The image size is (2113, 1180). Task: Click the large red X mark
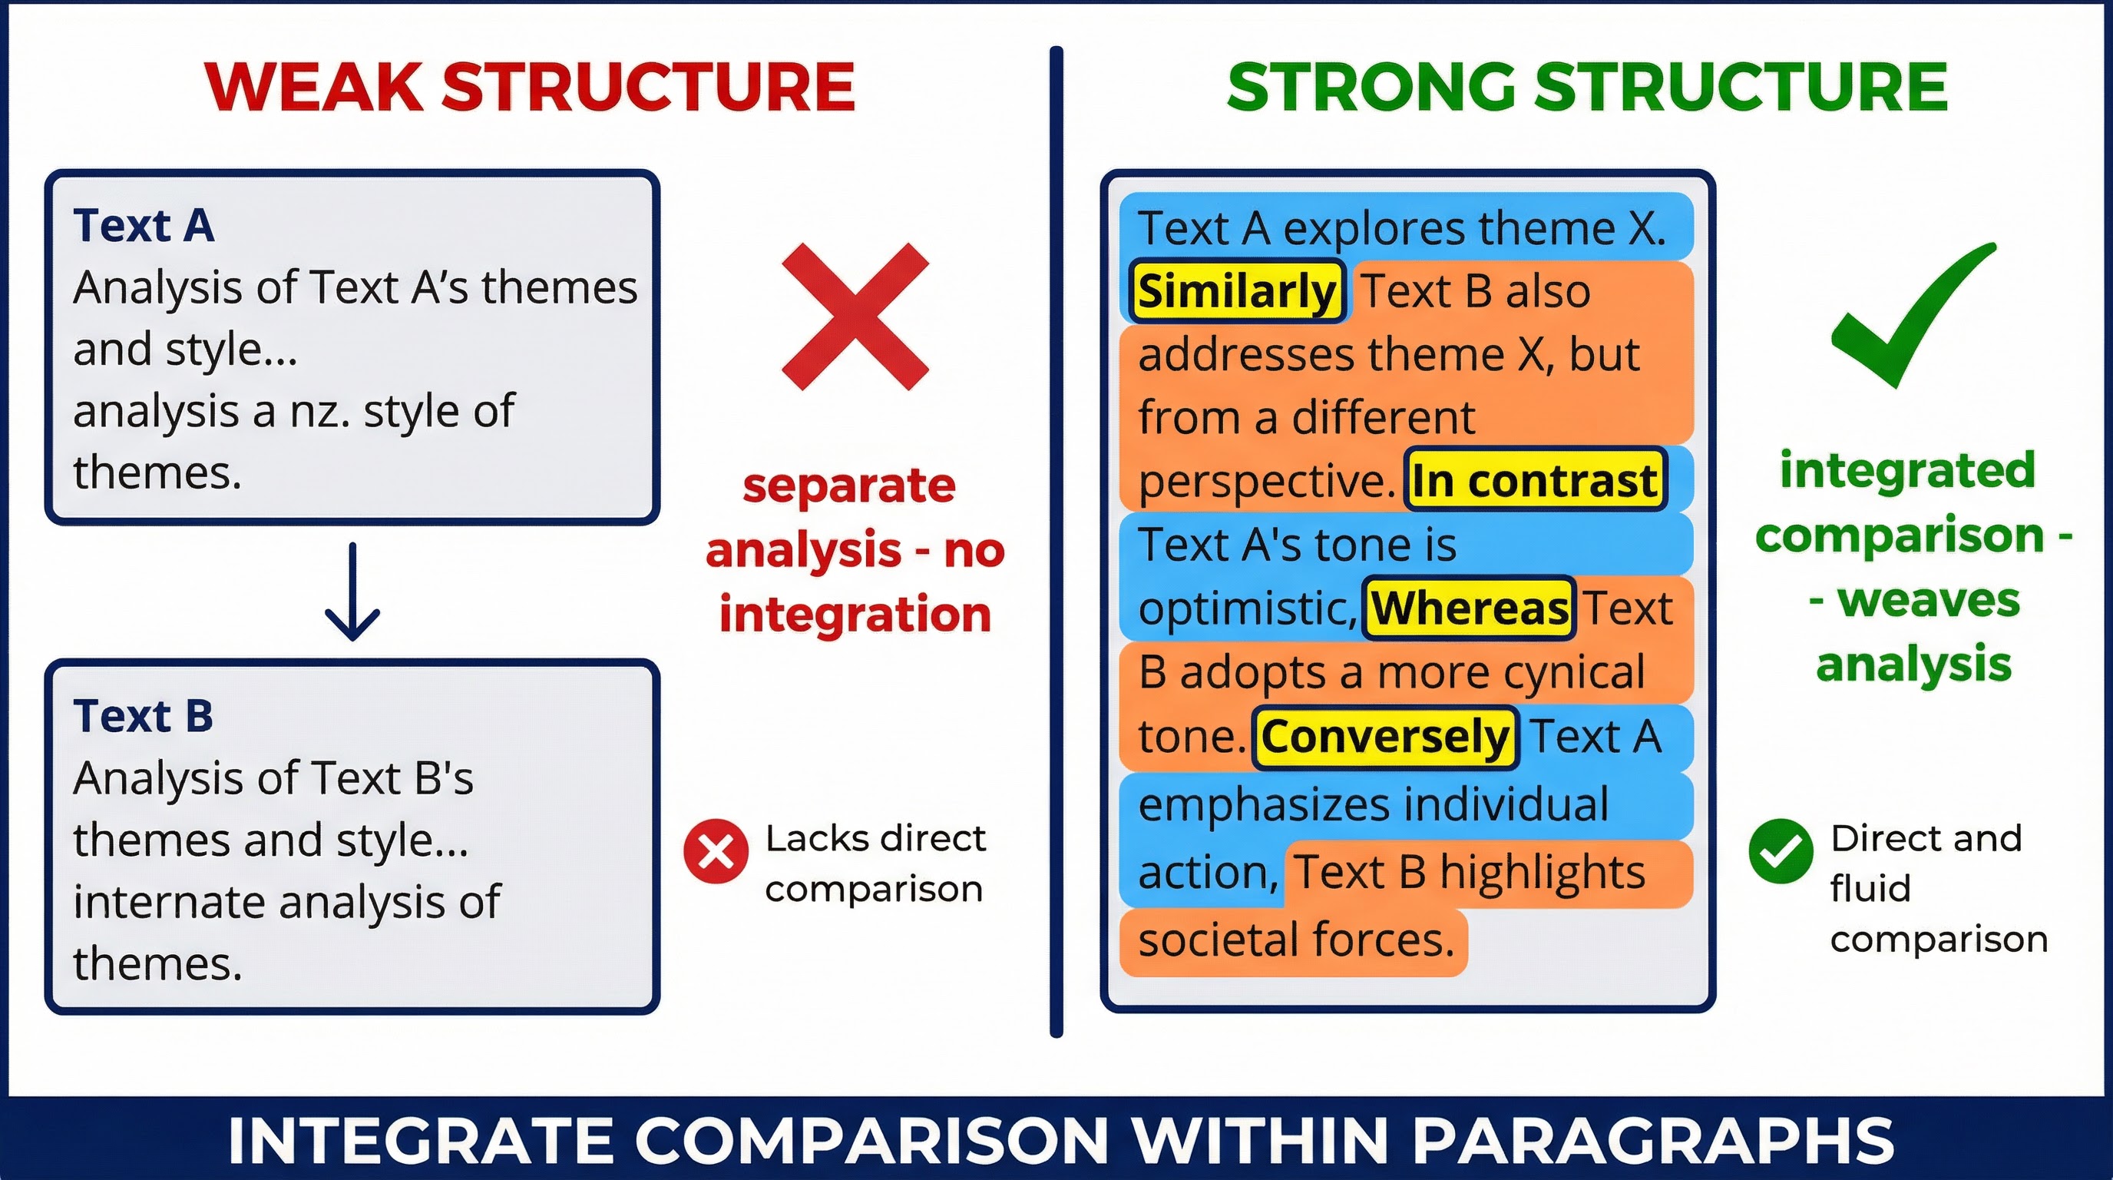(855, 316)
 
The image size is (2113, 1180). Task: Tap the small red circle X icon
(716, 852)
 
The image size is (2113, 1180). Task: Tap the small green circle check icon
(1780, 852)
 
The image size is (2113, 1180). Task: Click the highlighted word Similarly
(1237, 291)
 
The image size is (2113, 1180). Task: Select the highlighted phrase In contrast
(1535, 480)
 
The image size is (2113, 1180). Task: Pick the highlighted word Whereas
(1469, 608)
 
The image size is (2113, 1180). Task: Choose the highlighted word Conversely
(1384, 736)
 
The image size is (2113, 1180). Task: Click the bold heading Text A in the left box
(144, 226)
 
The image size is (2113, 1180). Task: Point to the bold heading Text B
(144, 715)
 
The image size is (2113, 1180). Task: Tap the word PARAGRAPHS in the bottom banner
(1652, 1141)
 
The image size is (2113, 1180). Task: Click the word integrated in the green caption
(1908, 470)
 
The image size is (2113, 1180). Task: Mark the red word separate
(849, 486)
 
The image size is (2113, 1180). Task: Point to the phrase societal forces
(1296, 940)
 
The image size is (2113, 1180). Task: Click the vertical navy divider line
(1056, 542)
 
